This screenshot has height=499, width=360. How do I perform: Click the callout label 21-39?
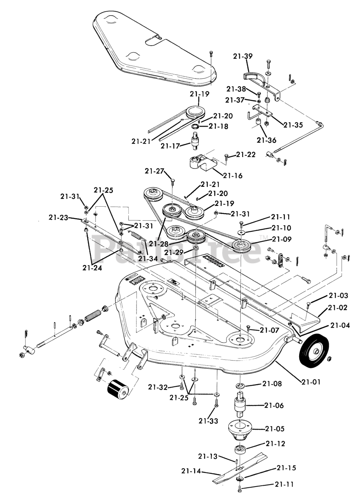[243, 56]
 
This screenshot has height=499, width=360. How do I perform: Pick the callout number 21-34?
[148, 258]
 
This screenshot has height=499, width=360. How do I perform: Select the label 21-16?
[232, 175]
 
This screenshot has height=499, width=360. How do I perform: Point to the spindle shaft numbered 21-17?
[196, 142]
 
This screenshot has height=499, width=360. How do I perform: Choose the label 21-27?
[154, 171]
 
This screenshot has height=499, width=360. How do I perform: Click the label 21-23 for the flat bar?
[59, 218]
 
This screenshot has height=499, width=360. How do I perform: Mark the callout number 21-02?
[338, 308]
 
